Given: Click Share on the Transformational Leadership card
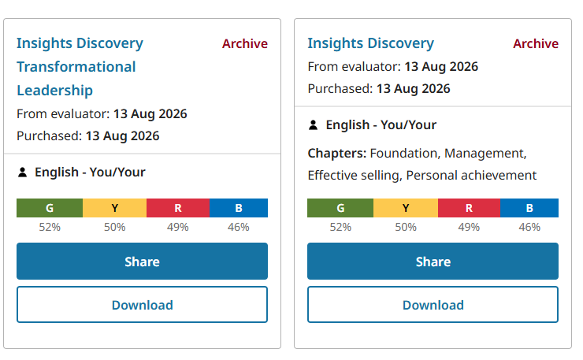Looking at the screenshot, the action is point(142,261).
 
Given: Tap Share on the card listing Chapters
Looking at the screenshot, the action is point(433,261).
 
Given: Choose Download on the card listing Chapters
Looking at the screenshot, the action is point(433,305).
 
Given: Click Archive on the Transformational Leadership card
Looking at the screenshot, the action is point(245,43).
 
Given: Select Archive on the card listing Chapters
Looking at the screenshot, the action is point(536,43).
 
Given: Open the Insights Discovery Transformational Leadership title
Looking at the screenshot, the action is point(80,67).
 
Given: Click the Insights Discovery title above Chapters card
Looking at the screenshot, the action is point(371,43).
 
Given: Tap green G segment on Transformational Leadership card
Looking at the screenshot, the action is point(50,208).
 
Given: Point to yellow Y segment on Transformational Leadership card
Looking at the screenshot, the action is point(114,208).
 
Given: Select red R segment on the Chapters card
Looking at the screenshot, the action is point(469,208).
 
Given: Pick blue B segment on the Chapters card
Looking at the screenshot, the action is point(529,208).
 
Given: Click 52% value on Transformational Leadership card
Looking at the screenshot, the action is point(50,227).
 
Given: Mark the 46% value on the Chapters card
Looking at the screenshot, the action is point(529,227).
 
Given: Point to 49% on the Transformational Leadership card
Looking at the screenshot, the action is point(178,227).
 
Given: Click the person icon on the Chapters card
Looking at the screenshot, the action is point(313,125).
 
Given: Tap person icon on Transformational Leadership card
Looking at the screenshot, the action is point(22,173).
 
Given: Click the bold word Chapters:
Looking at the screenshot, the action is point(337,154).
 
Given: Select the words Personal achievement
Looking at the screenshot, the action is point(471,175).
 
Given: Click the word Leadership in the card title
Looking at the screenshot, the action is point(54,91).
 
